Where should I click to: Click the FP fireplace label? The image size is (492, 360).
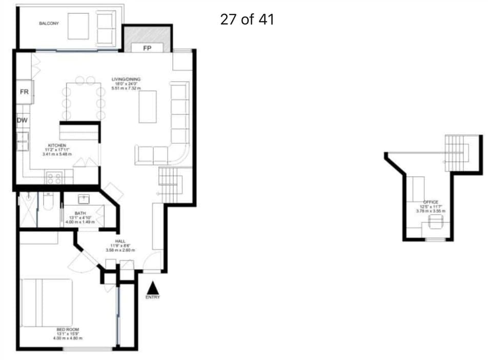(147, 49)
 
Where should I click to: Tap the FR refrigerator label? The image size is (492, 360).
(24, 92)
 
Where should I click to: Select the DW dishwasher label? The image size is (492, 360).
(22, 120)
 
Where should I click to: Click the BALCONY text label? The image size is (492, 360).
(49, 24)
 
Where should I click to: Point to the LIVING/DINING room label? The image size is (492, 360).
(126, 79)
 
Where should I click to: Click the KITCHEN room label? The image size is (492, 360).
(57, 145)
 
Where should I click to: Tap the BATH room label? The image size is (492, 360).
(80, 213)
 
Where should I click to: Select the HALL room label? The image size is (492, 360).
(120, 241)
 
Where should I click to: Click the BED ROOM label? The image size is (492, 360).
(68, 329)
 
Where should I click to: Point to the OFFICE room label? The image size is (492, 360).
(432, 202)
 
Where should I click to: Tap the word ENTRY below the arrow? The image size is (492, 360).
(153, 298)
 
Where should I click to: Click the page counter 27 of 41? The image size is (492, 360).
(247, 20)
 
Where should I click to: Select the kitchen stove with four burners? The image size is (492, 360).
(55, 178)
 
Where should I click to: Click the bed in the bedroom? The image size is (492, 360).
(46, 302)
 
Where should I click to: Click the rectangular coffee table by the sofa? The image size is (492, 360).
(148, 106)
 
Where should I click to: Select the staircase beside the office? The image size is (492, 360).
(457, 148)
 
